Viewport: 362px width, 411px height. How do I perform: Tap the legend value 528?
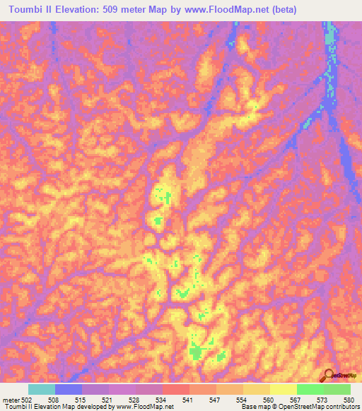coord(138,400)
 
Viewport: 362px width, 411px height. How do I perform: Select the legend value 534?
coord(164,400)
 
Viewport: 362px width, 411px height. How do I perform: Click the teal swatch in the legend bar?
coord(42,389)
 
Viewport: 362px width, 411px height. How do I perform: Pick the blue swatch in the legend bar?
coord(69,389)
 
